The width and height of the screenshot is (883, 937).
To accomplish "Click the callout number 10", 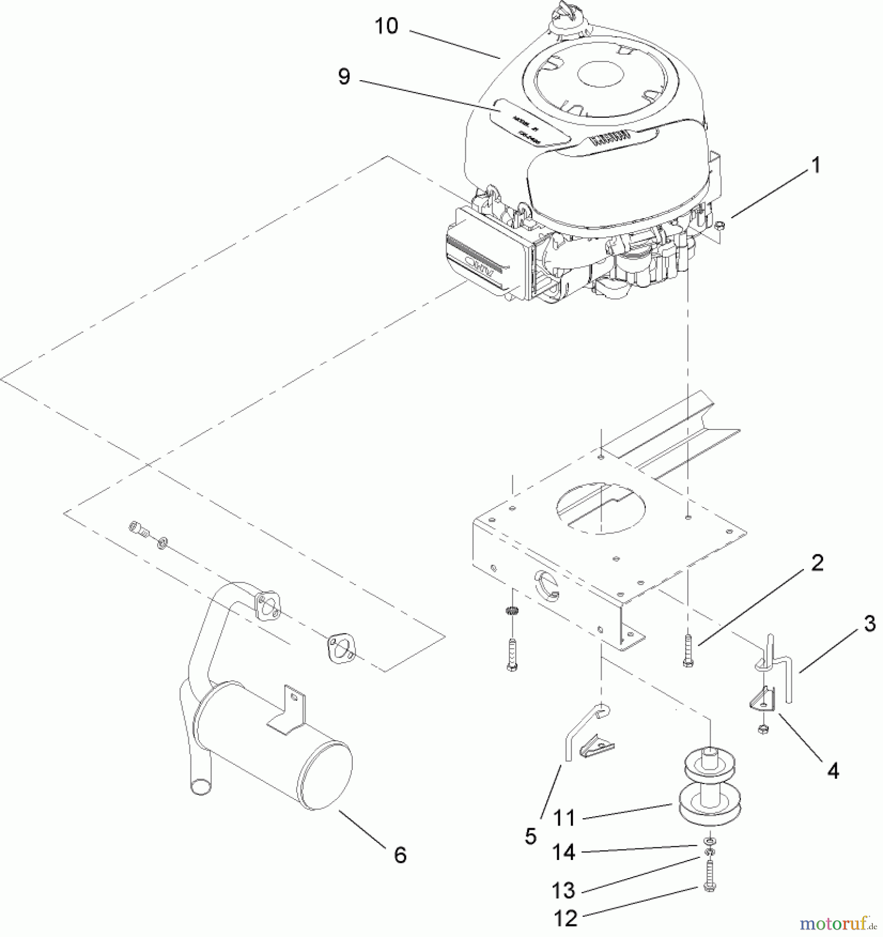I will [386, 26].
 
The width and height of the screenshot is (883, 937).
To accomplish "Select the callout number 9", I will [344, 77].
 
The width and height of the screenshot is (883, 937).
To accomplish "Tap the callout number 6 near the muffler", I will [400, 855].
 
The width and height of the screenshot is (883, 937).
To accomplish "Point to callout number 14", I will [564, 853].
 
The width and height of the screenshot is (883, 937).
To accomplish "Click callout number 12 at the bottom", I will [566, 918].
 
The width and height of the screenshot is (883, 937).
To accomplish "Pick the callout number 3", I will [869, 624].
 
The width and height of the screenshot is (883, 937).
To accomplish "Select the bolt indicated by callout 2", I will [688, 651].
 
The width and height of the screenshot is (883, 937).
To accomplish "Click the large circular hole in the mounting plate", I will [601, 508].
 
